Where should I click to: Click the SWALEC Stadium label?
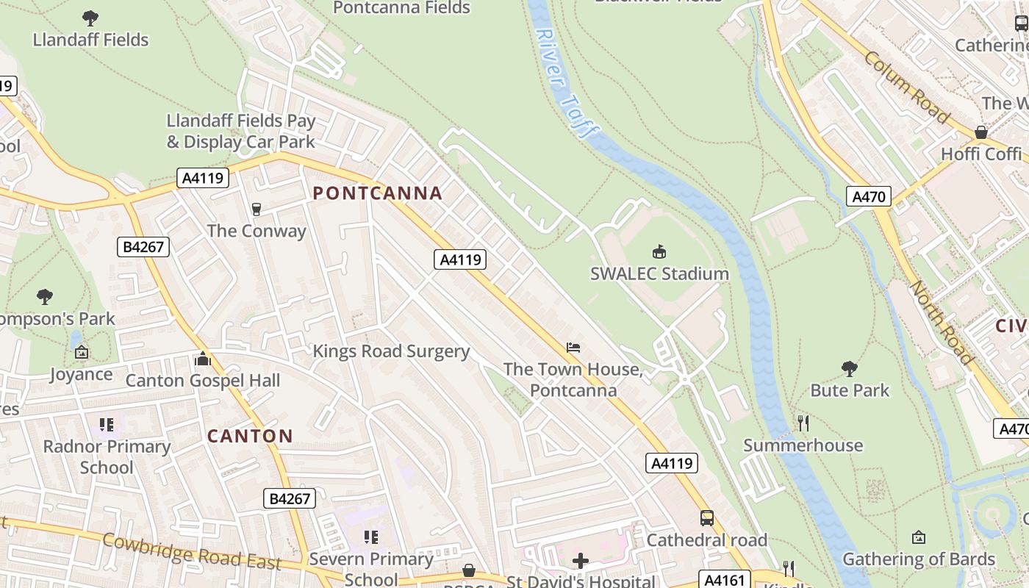pos(659,273)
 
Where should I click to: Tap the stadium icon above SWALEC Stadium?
pos(659,252)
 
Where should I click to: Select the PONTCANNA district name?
pos(378,193)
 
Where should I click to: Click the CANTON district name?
pos(250,436)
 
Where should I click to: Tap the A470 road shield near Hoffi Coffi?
pos(869,196)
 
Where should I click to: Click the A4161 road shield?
pos(725,580)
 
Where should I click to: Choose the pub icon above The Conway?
pos(257,209)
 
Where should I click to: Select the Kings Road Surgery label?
pos(391,351)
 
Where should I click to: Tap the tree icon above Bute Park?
pos(850,368)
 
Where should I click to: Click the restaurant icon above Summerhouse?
pos(803,423)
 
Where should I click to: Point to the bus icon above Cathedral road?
pos(706,518)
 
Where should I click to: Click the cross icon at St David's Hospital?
pos(581,562)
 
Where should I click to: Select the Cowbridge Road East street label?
pos(192,552)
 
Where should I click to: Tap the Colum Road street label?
pos(906,87)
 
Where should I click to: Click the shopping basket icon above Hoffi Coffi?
pos(981,132)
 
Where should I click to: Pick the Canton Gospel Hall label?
pos(203,381)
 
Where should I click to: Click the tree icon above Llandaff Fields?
pos(90,18)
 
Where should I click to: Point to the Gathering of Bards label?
pos(919,559)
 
